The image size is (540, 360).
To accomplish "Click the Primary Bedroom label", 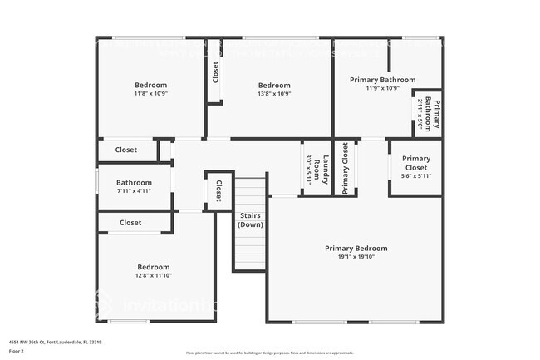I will coord(356,248).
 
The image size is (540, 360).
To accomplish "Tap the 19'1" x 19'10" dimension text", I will coord(356,257).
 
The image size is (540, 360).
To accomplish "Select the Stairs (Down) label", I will coord(250,219).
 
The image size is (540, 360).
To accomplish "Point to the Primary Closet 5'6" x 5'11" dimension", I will coord(415,176).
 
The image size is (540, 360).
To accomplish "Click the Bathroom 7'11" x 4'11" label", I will coord(134,182).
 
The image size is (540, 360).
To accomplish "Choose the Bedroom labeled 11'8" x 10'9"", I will coord(150,85).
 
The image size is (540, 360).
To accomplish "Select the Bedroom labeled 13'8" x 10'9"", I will coord(273,85).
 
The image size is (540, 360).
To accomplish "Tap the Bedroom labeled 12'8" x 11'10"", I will coord(153,267).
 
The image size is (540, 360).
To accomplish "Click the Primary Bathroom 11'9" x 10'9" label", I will coord(382,80).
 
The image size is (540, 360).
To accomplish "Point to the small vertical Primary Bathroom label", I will coord(432,113).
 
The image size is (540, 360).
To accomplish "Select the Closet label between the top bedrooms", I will coord(215,72).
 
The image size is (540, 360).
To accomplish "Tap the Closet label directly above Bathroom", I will coord(126,150).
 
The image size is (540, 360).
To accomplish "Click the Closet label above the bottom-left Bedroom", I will coord(130,223).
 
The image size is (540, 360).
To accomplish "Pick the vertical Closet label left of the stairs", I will coord(218,191).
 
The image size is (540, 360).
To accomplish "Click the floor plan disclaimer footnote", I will coord(269,353).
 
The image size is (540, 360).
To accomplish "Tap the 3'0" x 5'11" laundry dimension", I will coord(309,169).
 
